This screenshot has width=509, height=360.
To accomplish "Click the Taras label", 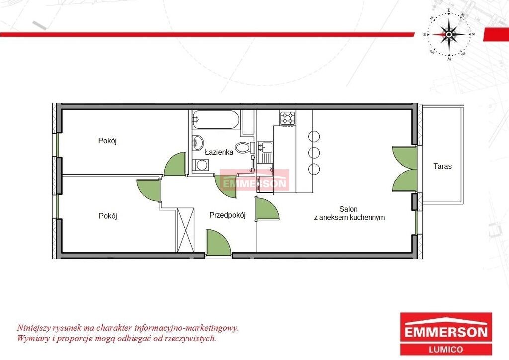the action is pyautogui.click(x=442, y=166).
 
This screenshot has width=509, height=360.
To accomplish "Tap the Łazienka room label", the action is pyautogui.click(x=219, y=152).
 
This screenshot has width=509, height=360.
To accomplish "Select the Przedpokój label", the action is pyautogui.click(x=227, y=215).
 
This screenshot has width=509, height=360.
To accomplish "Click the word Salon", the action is pyautogui.click(x=348, y=209).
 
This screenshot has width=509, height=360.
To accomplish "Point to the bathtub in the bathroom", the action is pyautogui.click(x=216, y=120).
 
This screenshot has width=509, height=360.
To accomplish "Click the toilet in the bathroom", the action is pyautogui.click(x=244, y=148).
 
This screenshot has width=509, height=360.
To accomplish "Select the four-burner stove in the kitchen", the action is pyautogui.click(x=288, y=118).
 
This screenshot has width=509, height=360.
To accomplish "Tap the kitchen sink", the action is pyautogui.click(x=265, y=148).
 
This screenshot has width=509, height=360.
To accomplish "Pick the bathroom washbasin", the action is pyautogui.click(x=197, y=142).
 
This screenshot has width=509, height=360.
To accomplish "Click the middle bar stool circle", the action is pyautogui.click(x=314, y=152).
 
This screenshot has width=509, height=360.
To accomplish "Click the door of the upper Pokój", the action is pyautogui.click(x=175, y=164).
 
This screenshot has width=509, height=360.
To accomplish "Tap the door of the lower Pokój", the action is pyautogui.click(x=149, y=190).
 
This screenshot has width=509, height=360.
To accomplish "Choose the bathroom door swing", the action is pyautogui.click(x=226, y=186).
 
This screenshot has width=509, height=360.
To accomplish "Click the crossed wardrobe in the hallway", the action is pyautogui.click(x=186, y=230).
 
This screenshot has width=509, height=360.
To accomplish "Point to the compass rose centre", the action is pyautogui.click(x=449, y=34).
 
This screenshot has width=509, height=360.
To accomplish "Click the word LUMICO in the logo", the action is pyautogui.click(x=446, y=349).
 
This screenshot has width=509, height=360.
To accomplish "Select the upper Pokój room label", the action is pyautogui.click(x=107, y=141).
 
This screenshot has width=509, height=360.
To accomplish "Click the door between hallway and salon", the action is pyautogui.click(x=267, y=209).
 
